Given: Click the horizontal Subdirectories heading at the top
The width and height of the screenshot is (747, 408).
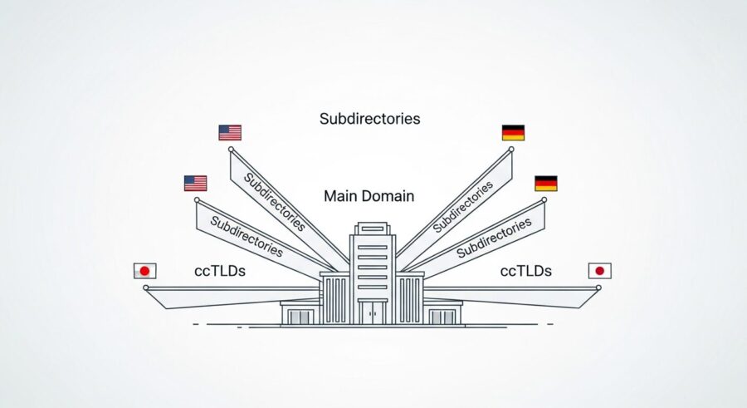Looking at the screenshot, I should click(x=369, y=119).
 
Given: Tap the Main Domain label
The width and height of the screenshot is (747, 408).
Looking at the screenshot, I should click(x=369, y=197).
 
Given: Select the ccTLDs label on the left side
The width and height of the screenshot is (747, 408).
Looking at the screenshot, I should click(x=220, y=271).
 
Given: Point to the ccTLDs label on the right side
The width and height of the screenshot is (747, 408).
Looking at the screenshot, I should click(x=525, y=271).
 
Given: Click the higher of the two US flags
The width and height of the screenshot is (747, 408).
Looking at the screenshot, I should click(x=230, y=133).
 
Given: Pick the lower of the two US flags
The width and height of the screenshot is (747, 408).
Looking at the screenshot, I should click(x=195, y=183).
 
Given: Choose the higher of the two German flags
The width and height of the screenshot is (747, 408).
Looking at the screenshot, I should click(x=513, y=133).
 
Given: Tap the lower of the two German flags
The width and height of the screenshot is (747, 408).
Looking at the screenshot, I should click(x=545, y=183).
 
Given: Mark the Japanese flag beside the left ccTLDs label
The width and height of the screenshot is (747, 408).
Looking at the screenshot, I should click(x=144, y=271).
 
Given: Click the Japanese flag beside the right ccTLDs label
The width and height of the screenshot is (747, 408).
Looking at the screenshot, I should click(x=599, y=271).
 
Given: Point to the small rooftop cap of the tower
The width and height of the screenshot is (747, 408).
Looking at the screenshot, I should click(x=373, y=226).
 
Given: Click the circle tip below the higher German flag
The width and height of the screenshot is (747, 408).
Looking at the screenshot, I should click(x=510, y=150).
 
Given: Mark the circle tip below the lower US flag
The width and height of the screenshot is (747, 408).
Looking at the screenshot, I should click(x=197, y=199).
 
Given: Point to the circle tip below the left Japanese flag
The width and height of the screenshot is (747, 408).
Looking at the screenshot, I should click(x=146, y=288).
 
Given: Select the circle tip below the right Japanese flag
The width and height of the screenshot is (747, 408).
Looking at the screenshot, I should click(x=598, y=288).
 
